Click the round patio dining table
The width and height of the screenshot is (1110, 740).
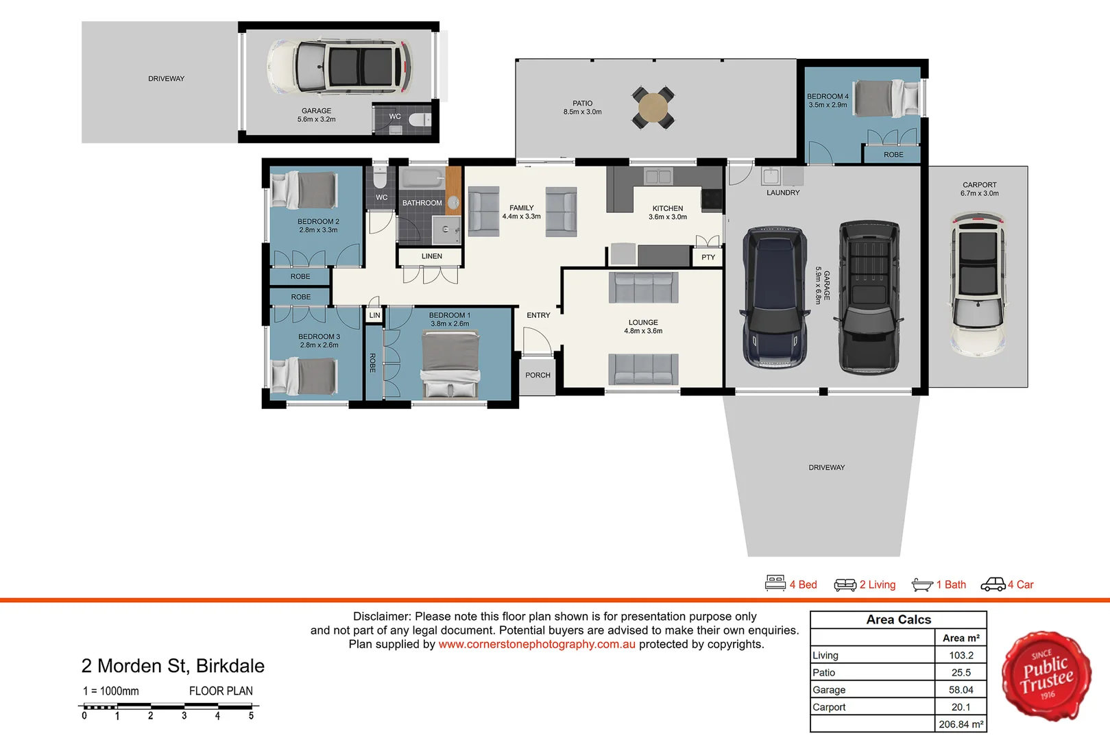[653, 107]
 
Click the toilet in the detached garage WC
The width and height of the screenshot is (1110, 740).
[418, 121]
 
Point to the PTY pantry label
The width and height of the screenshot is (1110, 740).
[708, 258]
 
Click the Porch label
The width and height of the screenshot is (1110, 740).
[538, 375]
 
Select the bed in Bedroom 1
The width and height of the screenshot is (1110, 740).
[450, 363]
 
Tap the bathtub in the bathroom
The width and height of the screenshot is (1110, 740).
[422, 180]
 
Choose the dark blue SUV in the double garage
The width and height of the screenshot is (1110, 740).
[774, 297]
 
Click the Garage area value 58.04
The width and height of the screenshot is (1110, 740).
[961, 690]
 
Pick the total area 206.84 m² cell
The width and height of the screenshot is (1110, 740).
[961, 724]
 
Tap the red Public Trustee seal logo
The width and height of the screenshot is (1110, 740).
[1046, 676]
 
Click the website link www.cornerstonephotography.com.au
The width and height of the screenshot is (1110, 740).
[537, 644]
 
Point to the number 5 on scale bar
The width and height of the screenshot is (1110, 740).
[251, 716]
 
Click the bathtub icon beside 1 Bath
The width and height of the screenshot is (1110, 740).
[922, 584]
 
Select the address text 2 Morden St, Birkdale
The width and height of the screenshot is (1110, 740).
[173, 666]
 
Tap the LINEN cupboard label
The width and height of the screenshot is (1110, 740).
[432, 256]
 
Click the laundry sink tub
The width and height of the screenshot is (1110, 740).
[771, 176]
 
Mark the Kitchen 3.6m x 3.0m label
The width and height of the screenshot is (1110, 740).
[668, 212]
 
